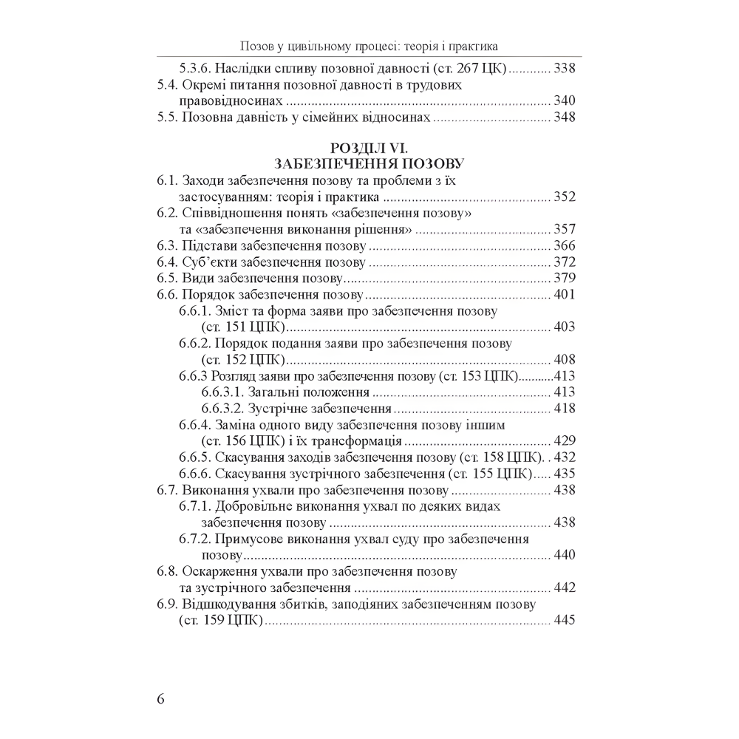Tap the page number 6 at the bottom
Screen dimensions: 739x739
pos(161,700)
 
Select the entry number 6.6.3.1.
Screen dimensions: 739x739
pos(223,392)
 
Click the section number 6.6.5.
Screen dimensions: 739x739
pos(195,457)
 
